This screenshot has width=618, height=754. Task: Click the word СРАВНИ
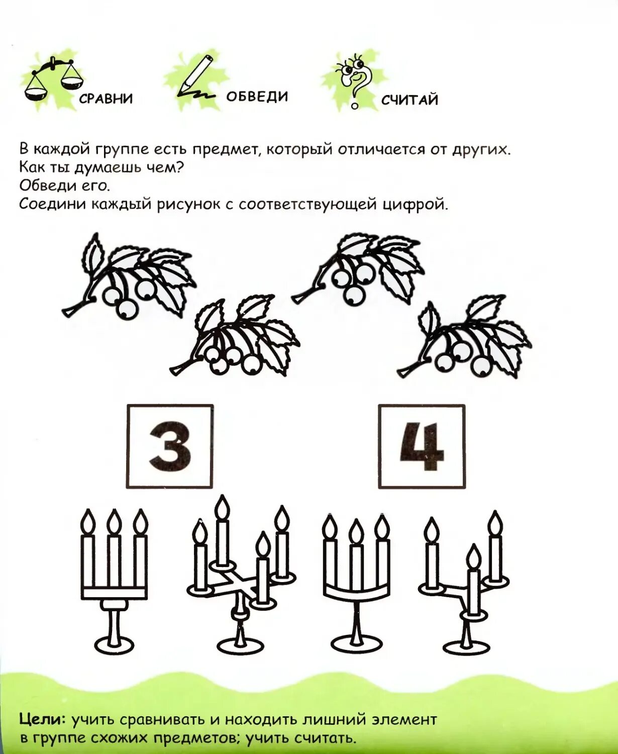(106, 99)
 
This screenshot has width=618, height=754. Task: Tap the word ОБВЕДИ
(257, 97)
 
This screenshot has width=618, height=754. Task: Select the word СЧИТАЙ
(409, 100)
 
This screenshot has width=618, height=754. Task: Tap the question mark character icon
(355, 80)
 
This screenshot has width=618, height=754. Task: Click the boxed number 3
(170, 446)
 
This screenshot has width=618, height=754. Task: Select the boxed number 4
(422, 446)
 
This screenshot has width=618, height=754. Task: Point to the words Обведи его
(64, 185)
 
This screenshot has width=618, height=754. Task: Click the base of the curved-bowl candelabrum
(356, 643)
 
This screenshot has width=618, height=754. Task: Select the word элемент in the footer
(404, 719)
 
